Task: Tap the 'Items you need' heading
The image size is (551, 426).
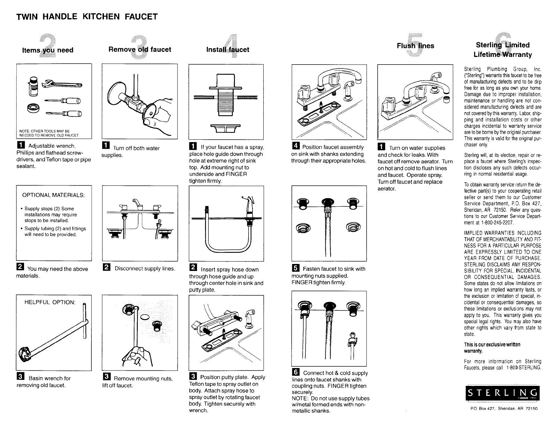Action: coord(47,50)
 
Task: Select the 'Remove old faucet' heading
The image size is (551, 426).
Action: coord(140,49)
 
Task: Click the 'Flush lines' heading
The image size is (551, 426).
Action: coord(415,46)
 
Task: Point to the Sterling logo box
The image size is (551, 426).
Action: coord(503,394)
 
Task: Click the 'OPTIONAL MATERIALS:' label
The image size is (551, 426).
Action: coord(53,194)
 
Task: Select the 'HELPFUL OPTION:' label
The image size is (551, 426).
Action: coord(50,302)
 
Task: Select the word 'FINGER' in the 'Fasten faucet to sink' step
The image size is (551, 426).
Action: coord(301,282)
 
